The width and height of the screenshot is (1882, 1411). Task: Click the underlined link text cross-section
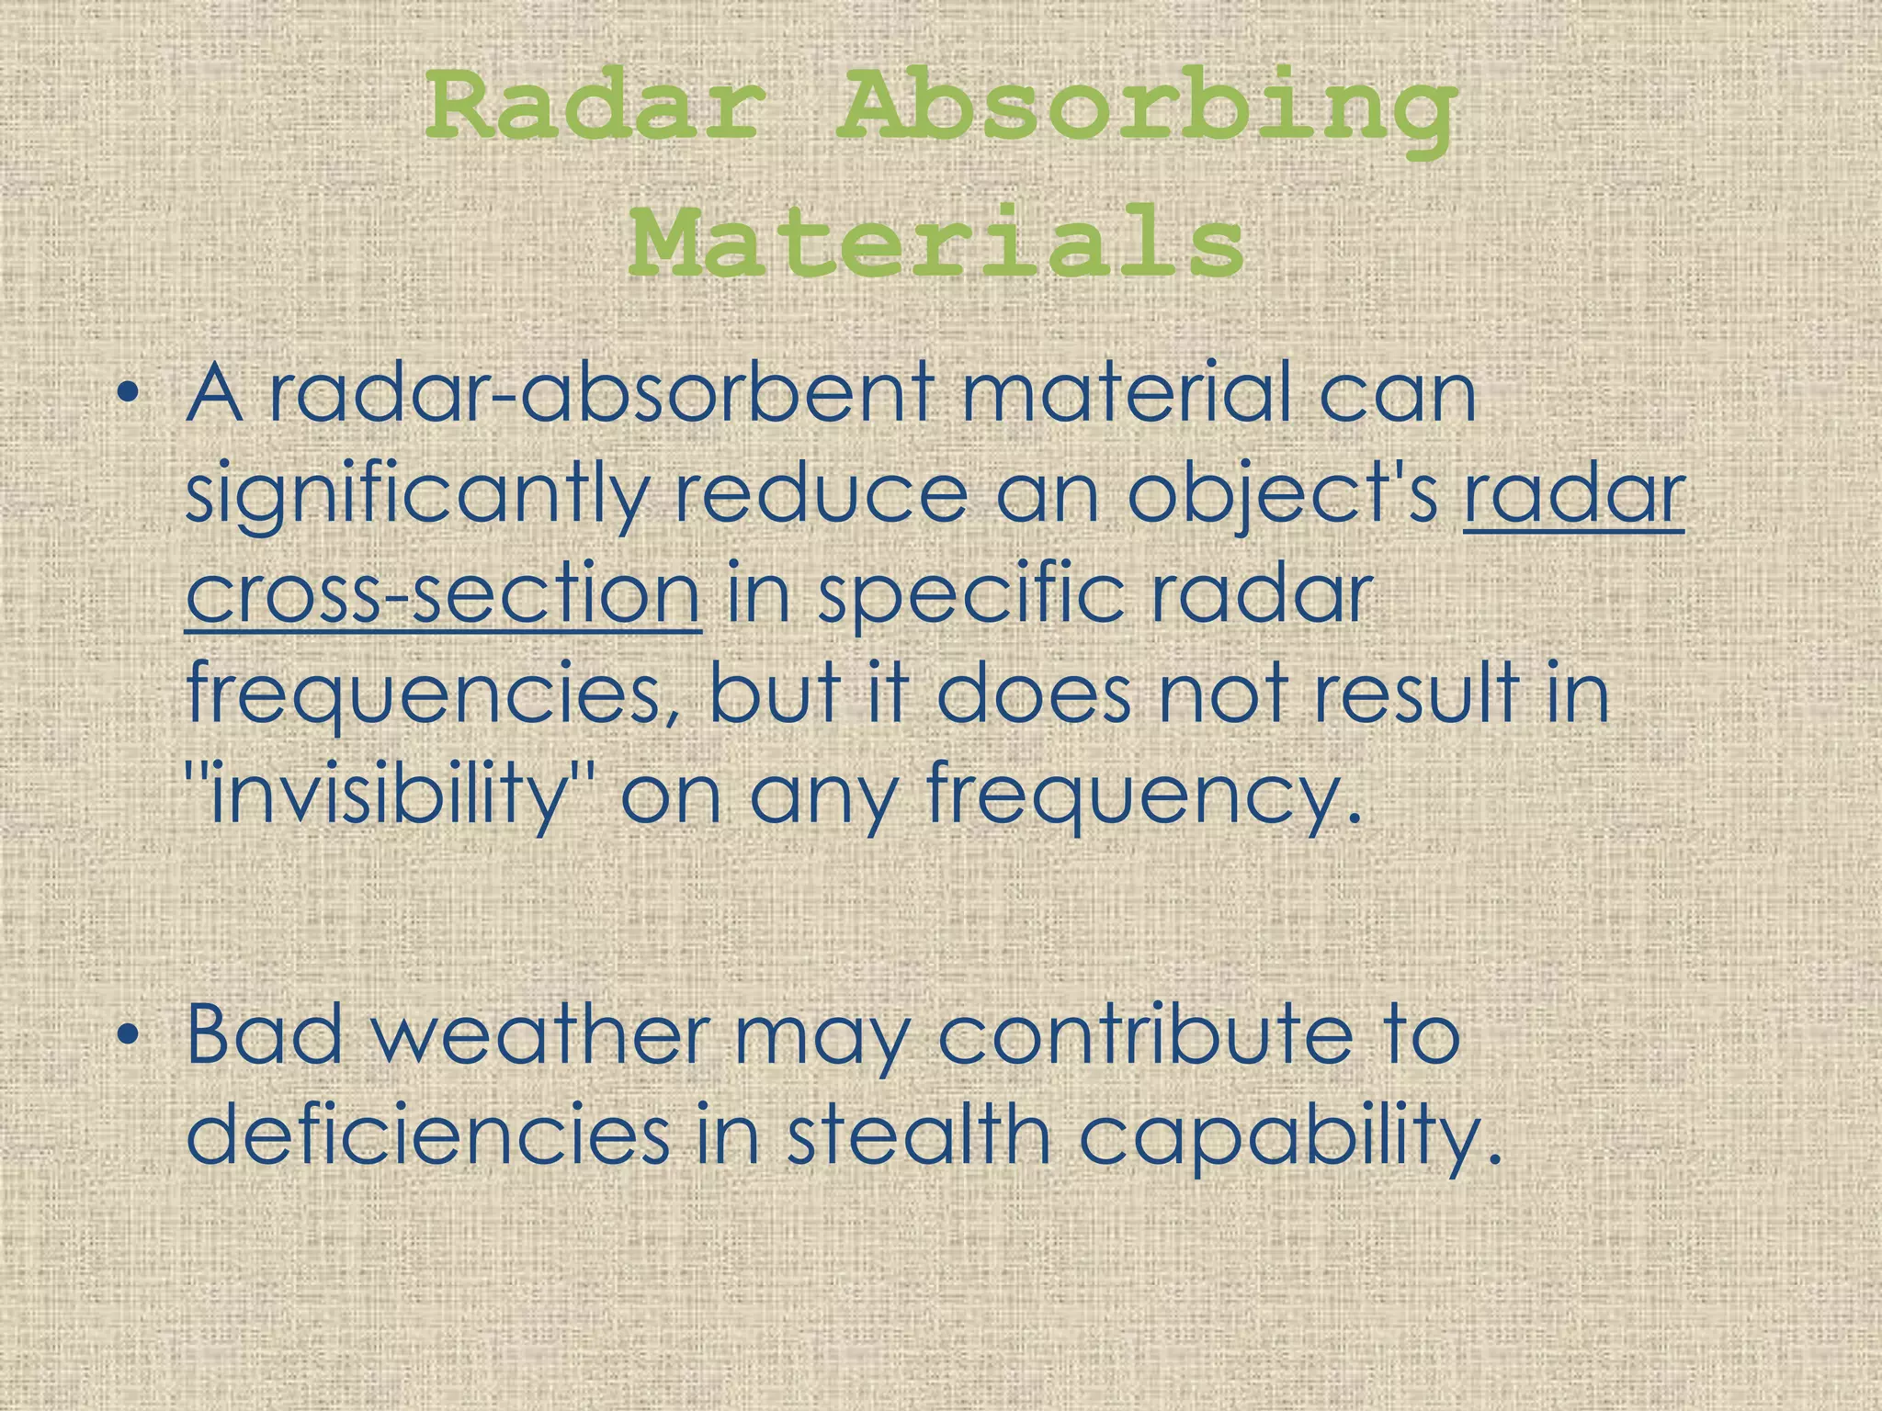pos(443,594)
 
